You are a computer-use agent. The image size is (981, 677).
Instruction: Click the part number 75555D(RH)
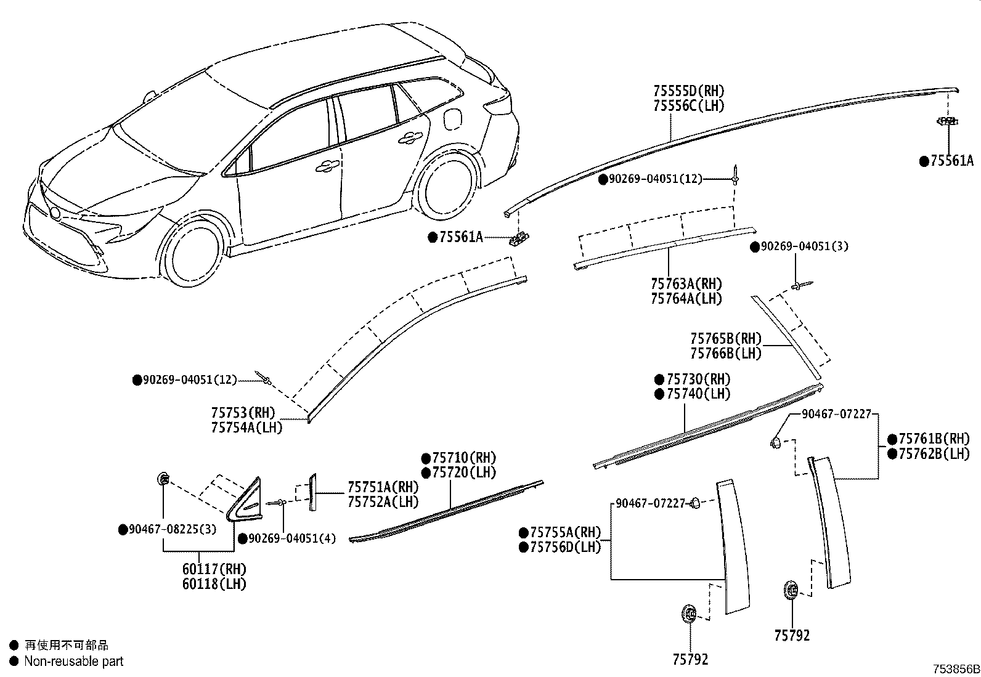click(689, 91)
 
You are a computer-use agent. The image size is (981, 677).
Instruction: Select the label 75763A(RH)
click(686, 284)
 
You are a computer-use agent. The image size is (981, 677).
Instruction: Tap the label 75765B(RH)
click(726, 339)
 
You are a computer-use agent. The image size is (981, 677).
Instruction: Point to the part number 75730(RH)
click(699, 379)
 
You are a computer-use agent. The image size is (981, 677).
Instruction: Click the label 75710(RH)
click(464, 458)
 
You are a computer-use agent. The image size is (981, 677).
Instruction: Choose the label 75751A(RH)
click(383, 487)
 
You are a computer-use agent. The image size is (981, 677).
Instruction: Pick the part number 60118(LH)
click(214, 584)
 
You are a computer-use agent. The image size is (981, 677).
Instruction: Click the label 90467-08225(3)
click(173, 529)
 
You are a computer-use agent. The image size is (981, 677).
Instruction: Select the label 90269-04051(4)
click(292, 538)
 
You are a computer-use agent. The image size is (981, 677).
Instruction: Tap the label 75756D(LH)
click(566, 547)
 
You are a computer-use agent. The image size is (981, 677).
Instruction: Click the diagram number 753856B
click(956, 669)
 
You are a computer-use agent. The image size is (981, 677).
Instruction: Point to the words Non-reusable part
click(73, 661)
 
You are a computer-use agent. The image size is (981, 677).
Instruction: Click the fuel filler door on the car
click(452, 119)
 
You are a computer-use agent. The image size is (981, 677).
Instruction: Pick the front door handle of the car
click(327, 166)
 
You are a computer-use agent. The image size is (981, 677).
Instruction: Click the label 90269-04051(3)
click(805, 246)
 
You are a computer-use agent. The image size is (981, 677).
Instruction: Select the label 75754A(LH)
click(247, 428)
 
